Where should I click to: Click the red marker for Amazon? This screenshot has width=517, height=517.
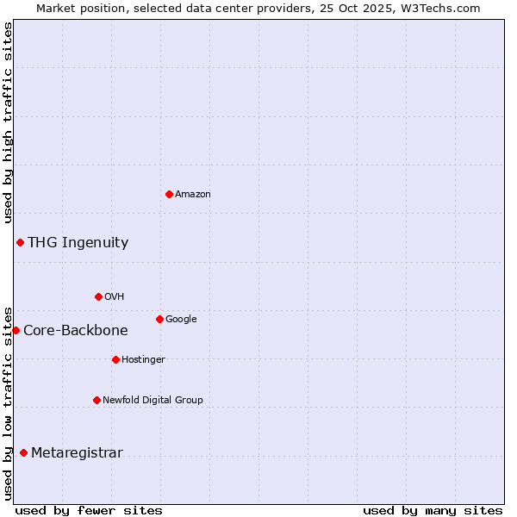tap(169, 194)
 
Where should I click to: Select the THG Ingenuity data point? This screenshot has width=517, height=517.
tap(20, 242)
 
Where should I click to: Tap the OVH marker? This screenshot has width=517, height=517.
tap(98, 296)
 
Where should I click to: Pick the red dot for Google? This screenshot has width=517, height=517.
tap(159, 319)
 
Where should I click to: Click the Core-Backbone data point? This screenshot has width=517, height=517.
tap(16, 330)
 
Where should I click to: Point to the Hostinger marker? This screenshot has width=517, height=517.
tap(115, 359)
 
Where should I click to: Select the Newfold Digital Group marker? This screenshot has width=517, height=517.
tap(97, 400)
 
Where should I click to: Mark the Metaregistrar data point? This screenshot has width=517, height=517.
tap(23, 452)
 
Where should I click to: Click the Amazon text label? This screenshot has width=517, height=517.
tap(193, 195)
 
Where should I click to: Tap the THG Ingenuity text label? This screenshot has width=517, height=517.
tap(78, 243)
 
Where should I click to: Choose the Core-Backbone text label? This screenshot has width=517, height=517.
tap(76, 331)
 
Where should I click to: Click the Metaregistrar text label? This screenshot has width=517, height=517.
tap(77, 453)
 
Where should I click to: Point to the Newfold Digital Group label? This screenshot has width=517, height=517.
tap(153, 400)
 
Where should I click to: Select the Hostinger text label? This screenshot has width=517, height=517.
tap(143, 359)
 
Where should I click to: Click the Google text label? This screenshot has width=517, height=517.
tap(181, 320)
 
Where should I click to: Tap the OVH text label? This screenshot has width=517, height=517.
tap(115, 297)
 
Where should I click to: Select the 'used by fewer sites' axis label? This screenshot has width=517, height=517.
tap(89, 510)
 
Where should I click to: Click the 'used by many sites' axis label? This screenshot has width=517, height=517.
tap(433, 510)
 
